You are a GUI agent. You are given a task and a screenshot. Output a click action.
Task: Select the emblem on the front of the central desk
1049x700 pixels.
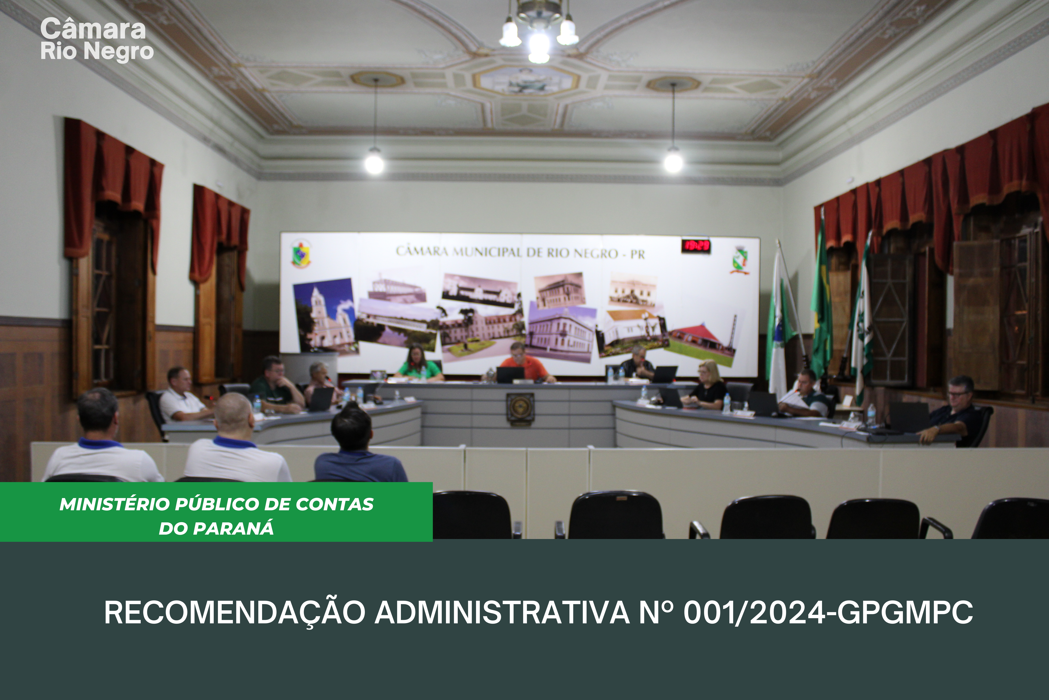click(x=520, y=408)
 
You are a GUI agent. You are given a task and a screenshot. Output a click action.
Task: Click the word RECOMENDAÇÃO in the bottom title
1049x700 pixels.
click(x=235, y=612)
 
